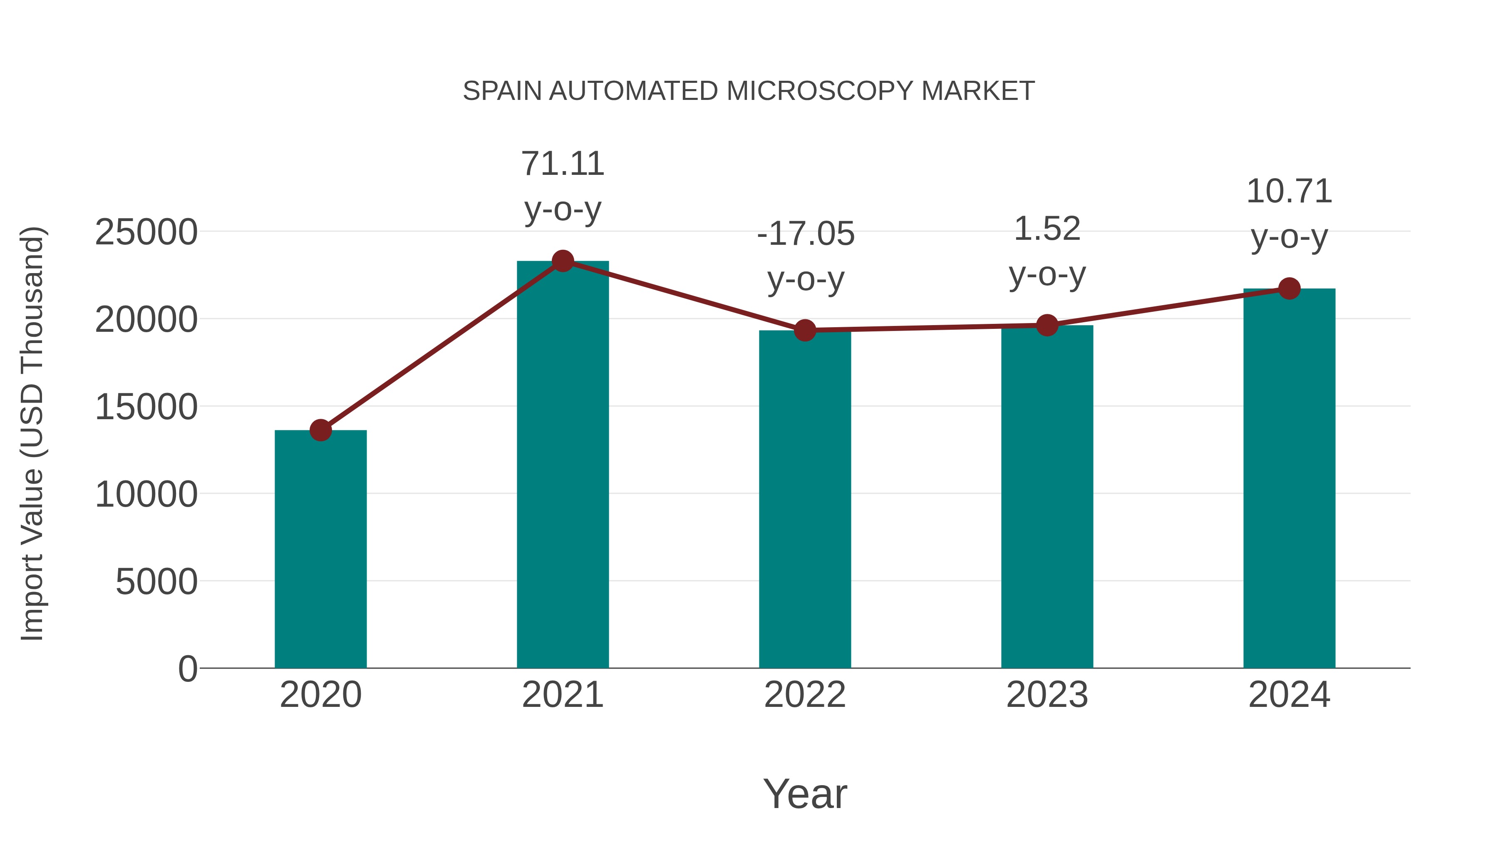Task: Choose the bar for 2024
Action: [1289, 477]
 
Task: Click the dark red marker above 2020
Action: [320, 430]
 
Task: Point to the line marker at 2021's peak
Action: [562, 261]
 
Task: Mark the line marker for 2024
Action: [1289, 288]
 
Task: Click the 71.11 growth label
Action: [562, 164]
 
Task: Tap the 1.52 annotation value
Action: [1047, 229]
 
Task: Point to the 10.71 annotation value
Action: [1289, 191]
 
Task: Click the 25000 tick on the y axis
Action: [146, 232]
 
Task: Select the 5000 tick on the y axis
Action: [156, 581]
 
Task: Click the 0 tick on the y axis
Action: [187, 669]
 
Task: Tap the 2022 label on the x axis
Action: [805, 695]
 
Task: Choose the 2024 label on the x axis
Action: [1289, 695]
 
